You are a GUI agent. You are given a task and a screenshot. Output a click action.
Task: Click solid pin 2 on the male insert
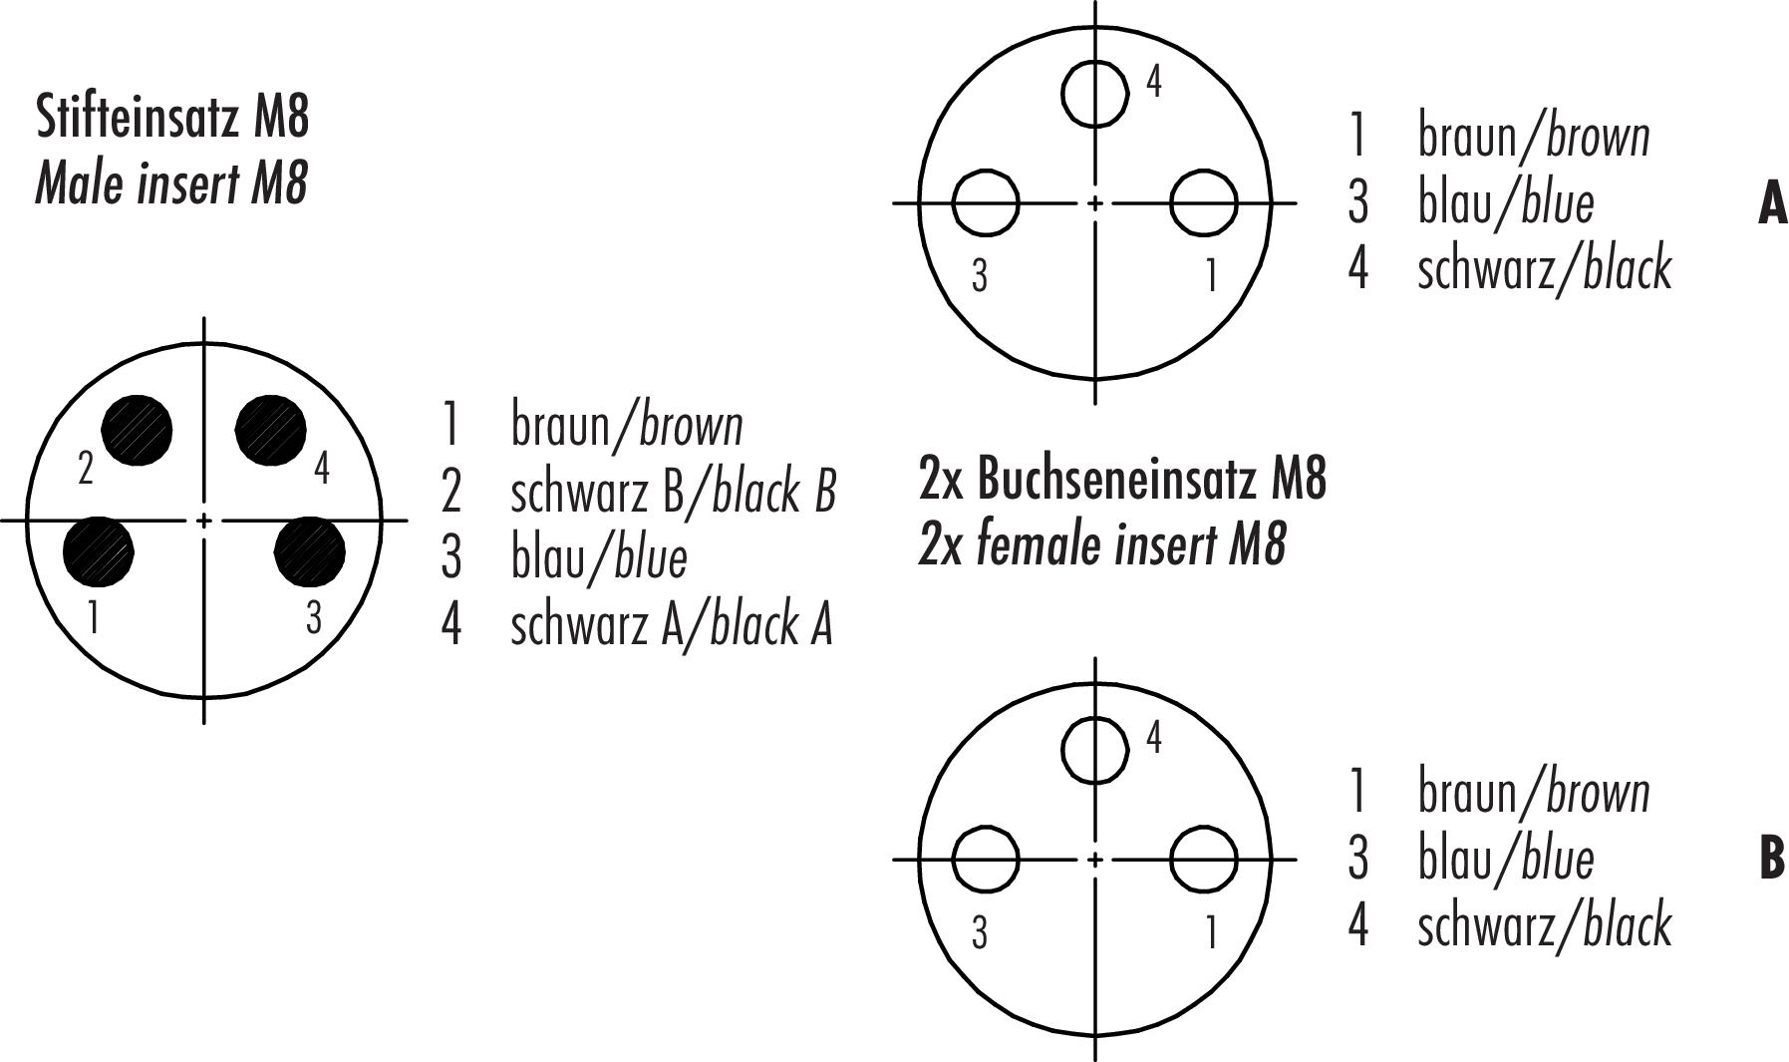pos(137,431)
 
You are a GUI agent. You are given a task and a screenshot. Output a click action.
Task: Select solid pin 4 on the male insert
pos(271,431)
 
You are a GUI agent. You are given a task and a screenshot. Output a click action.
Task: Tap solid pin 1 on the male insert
pos(98,551)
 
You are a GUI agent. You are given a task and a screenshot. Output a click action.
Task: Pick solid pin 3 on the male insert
pos(309,551)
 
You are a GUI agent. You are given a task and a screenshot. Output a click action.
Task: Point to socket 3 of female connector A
pos(986,203)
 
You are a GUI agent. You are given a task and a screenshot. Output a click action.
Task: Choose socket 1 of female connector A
pos(1204,203)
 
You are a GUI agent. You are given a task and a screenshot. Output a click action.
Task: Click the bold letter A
pos(1772,203)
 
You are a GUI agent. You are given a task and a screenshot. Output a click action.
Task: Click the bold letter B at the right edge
pos(1772,859)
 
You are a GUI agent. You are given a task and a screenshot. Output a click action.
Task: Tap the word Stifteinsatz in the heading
pos(137,118)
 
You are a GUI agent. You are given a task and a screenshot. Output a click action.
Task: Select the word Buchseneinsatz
pos(1118,481)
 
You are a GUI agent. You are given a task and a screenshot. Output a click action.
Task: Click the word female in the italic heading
pos(1040,545)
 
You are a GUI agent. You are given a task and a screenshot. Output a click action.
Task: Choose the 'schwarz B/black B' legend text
pos(673,492)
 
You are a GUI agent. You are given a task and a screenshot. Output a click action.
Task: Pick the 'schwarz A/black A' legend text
pos(671,625)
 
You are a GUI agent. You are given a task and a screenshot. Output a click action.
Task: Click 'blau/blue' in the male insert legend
pos(599,557)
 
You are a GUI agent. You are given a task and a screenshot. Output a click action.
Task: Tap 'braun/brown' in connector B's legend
pos(1534,793)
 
